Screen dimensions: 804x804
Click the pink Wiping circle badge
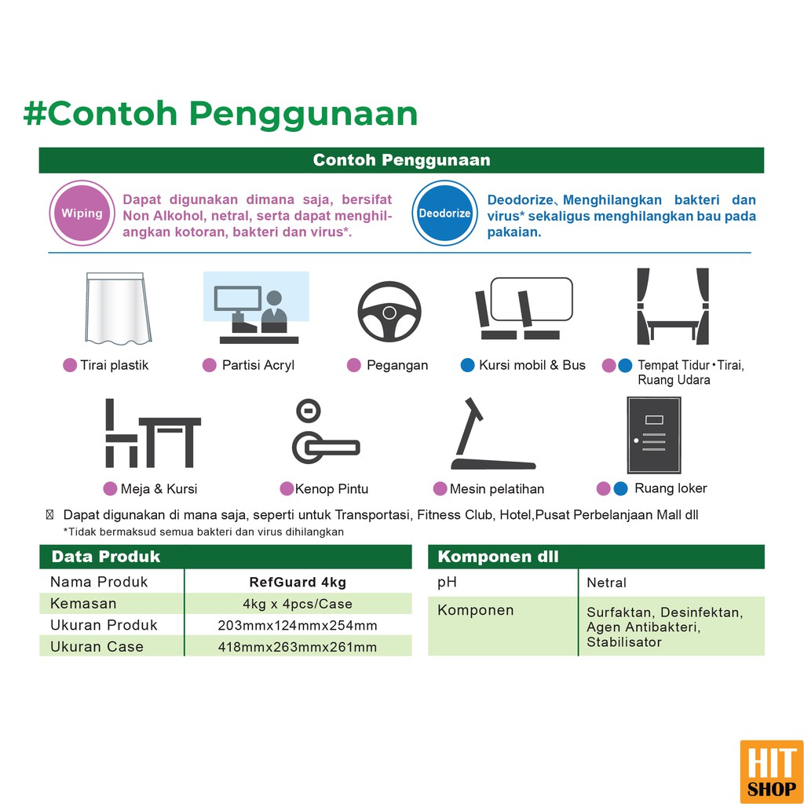[x=82, y=213]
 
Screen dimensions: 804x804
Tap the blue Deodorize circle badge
[x=444, y=213]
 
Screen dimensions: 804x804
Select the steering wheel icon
[x=389, y=311]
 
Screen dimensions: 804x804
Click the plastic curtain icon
[x=118, y=308]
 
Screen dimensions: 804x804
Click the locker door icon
[x=654, y=435]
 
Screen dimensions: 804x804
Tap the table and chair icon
[x=152, y=433]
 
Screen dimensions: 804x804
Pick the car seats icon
[x=524, y=308]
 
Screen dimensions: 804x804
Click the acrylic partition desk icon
[x=257, y=308]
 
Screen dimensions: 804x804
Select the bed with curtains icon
[x=673, y=306]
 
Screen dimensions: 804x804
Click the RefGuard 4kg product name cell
[x=298, y=582]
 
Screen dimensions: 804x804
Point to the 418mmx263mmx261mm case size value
[x=298, y=647]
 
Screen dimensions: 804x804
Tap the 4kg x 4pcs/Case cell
[x=298, y=604]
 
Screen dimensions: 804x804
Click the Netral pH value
[x=607, y=583]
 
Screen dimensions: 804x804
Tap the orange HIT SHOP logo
[x=772, y=772]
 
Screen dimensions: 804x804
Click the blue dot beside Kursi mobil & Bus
[x=468, y=365]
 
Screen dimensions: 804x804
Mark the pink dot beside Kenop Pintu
[x=287, y=488]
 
